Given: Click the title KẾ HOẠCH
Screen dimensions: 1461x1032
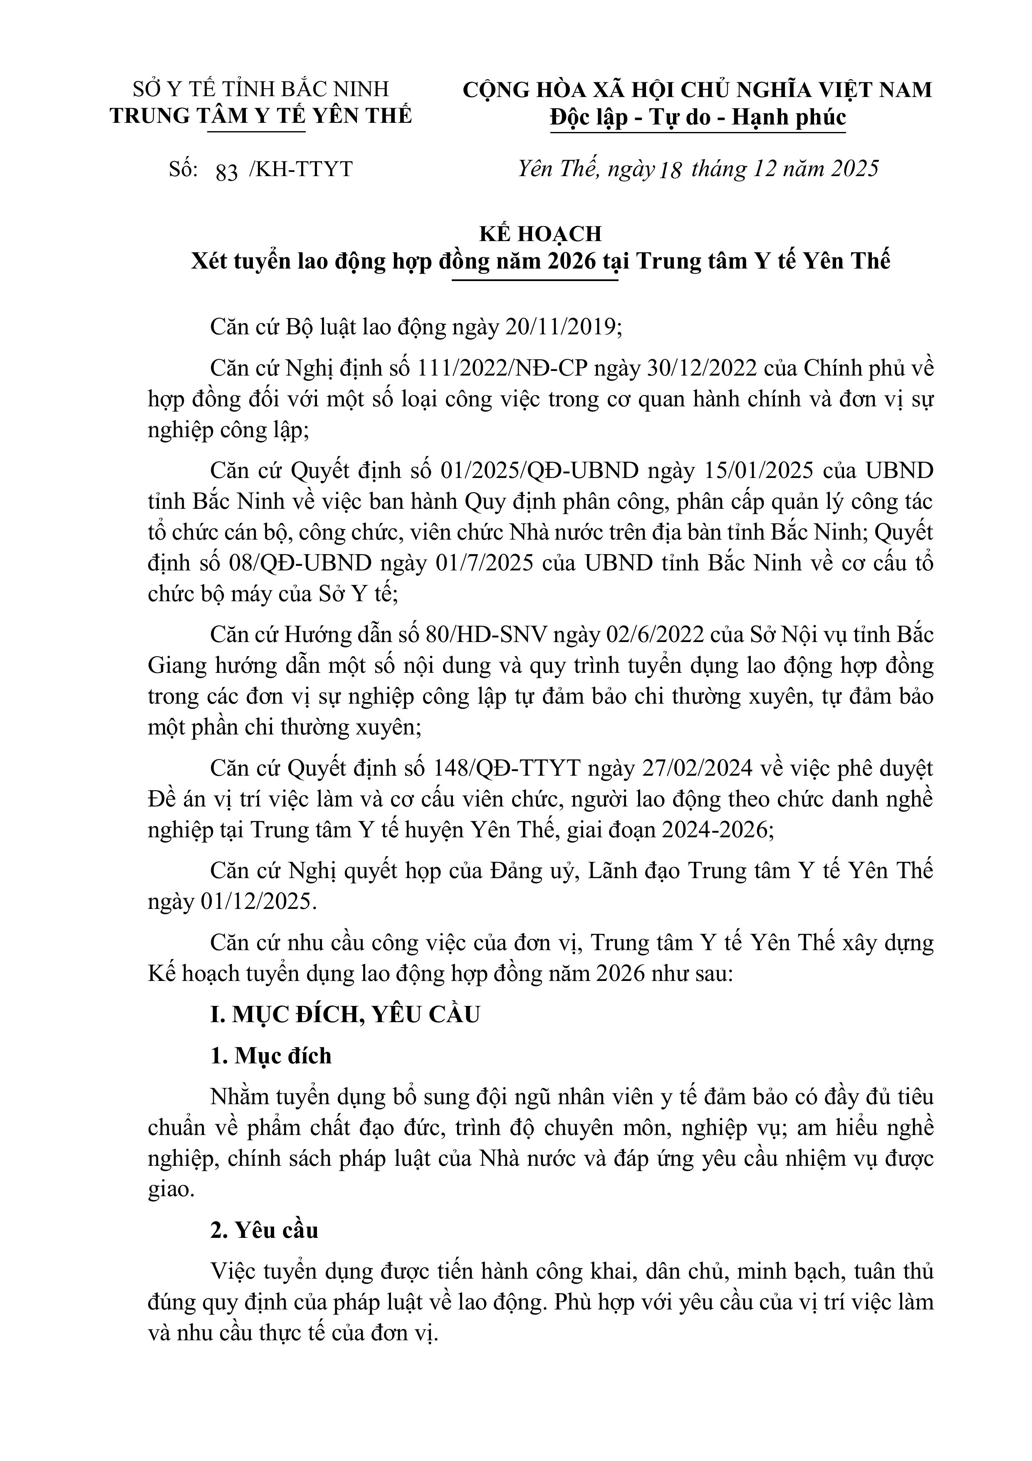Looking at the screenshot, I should (x=540, y=234).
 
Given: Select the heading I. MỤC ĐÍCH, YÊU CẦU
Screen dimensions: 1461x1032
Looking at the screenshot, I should (x=345, y=1014).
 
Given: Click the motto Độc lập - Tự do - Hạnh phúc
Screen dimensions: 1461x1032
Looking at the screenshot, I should (x=698, y=118).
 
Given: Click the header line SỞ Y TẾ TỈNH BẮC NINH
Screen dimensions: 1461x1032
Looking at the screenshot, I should (x=261, y=89).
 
